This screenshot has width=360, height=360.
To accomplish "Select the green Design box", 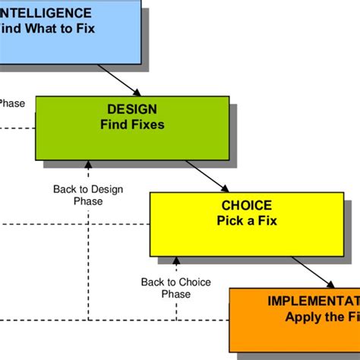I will click(x=132, y=128).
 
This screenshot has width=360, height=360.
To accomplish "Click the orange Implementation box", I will click(x=296, y=319).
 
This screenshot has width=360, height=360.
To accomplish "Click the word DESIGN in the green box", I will click(x=132, y=110).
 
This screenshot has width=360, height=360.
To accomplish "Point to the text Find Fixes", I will click(x=132, y=124).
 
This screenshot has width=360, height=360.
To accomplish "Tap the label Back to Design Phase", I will click(x=88, y=195).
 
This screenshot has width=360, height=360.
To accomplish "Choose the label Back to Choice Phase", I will click(x=176, y=288).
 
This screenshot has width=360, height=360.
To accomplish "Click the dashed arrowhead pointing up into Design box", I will click(x=88, y=164).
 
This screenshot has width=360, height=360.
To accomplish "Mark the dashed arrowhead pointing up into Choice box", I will click(x=176, y=260).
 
